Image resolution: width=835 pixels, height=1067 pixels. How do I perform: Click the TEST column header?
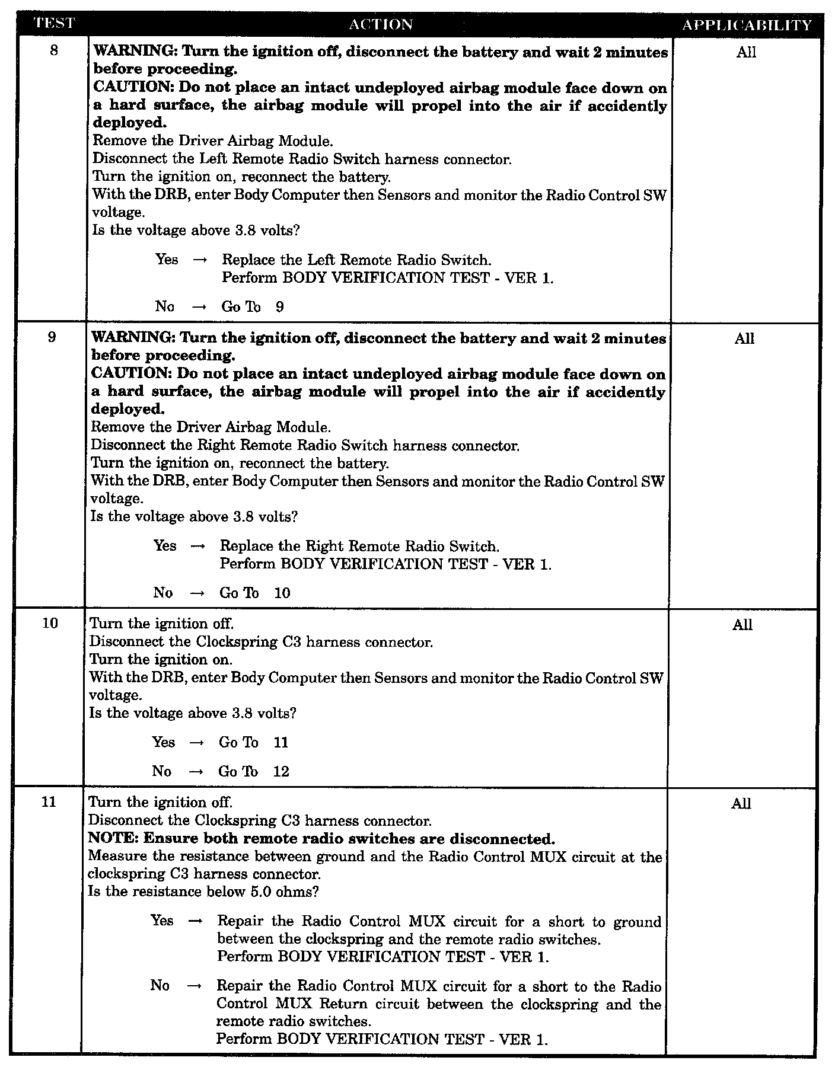click(x=54, y=24)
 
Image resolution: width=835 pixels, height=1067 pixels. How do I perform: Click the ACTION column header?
click(x=381, y=24)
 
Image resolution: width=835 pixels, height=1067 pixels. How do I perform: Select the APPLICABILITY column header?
click(x=746, y=25)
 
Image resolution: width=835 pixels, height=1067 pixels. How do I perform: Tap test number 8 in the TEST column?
click(x=54, y=50)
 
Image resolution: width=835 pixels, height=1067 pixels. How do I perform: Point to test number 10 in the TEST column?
click(x=50, y=623)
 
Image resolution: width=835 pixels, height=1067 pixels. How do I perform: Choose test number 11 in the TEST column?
click(x=50, y=802)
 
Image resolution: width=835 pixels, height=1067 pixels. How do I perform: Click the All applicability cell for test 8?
click(x=746, y=52)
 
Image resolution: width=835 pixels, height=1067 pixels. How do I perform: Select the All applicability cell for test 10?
click(x=742, y=625)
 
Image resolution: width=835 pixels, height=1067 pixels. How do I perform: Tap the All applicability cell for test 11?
click(x=741, y=804)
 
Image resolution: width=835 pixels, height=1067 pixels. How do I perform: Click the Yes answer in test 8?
click(x=167, y=260)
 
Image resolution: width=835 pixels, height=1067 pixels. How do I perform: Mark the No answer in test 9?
click(x=163, y=593)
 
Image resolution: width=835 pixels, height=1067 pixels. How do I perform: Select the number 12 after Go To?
click(x=281, y=771)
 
